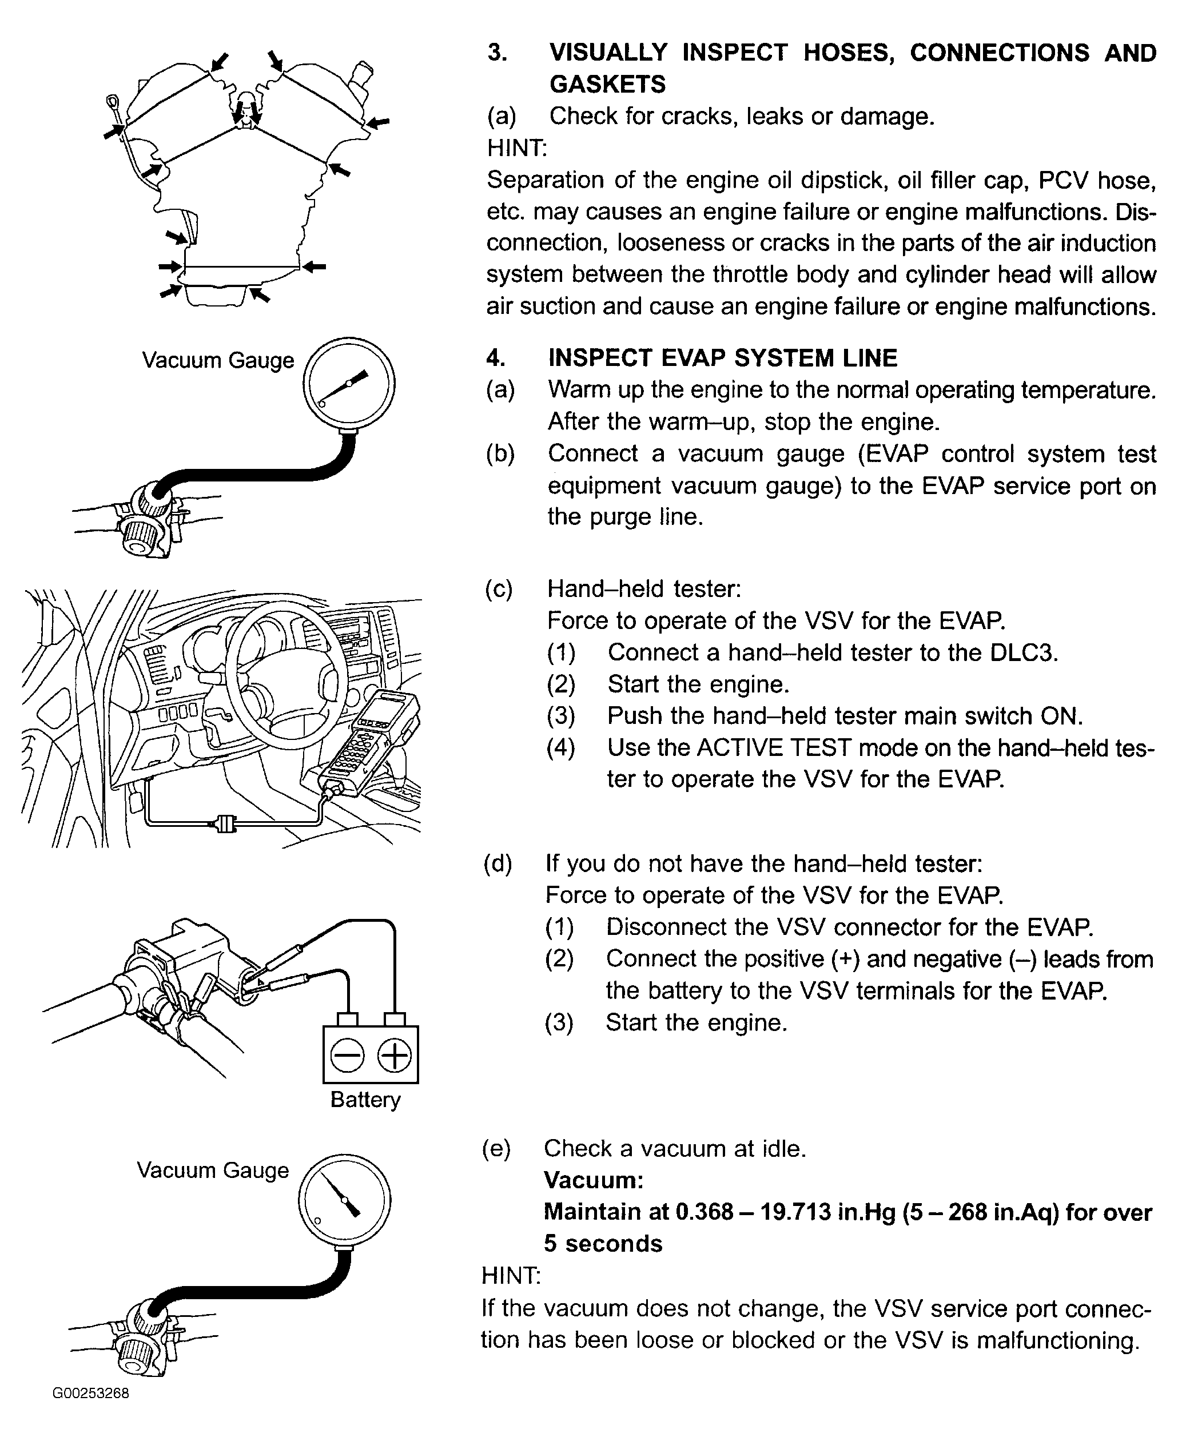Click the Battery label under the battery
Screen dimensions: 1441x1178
365,1099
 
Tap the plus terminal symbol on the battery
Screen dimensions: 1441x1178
394,1056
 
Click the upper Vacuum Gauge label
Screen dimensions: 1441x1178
218,360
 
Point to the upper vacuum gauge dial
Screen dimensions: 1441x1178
349,384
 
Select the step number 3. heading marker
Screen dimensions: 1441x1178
498,53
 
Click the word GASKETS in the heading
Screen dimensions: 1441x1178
607,84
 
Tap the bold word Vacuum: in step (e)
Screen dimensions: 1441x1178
593,1180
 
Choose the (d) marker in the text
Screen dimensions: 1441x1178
498,863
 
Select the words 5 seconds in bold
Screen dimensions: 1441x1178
603,1244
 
